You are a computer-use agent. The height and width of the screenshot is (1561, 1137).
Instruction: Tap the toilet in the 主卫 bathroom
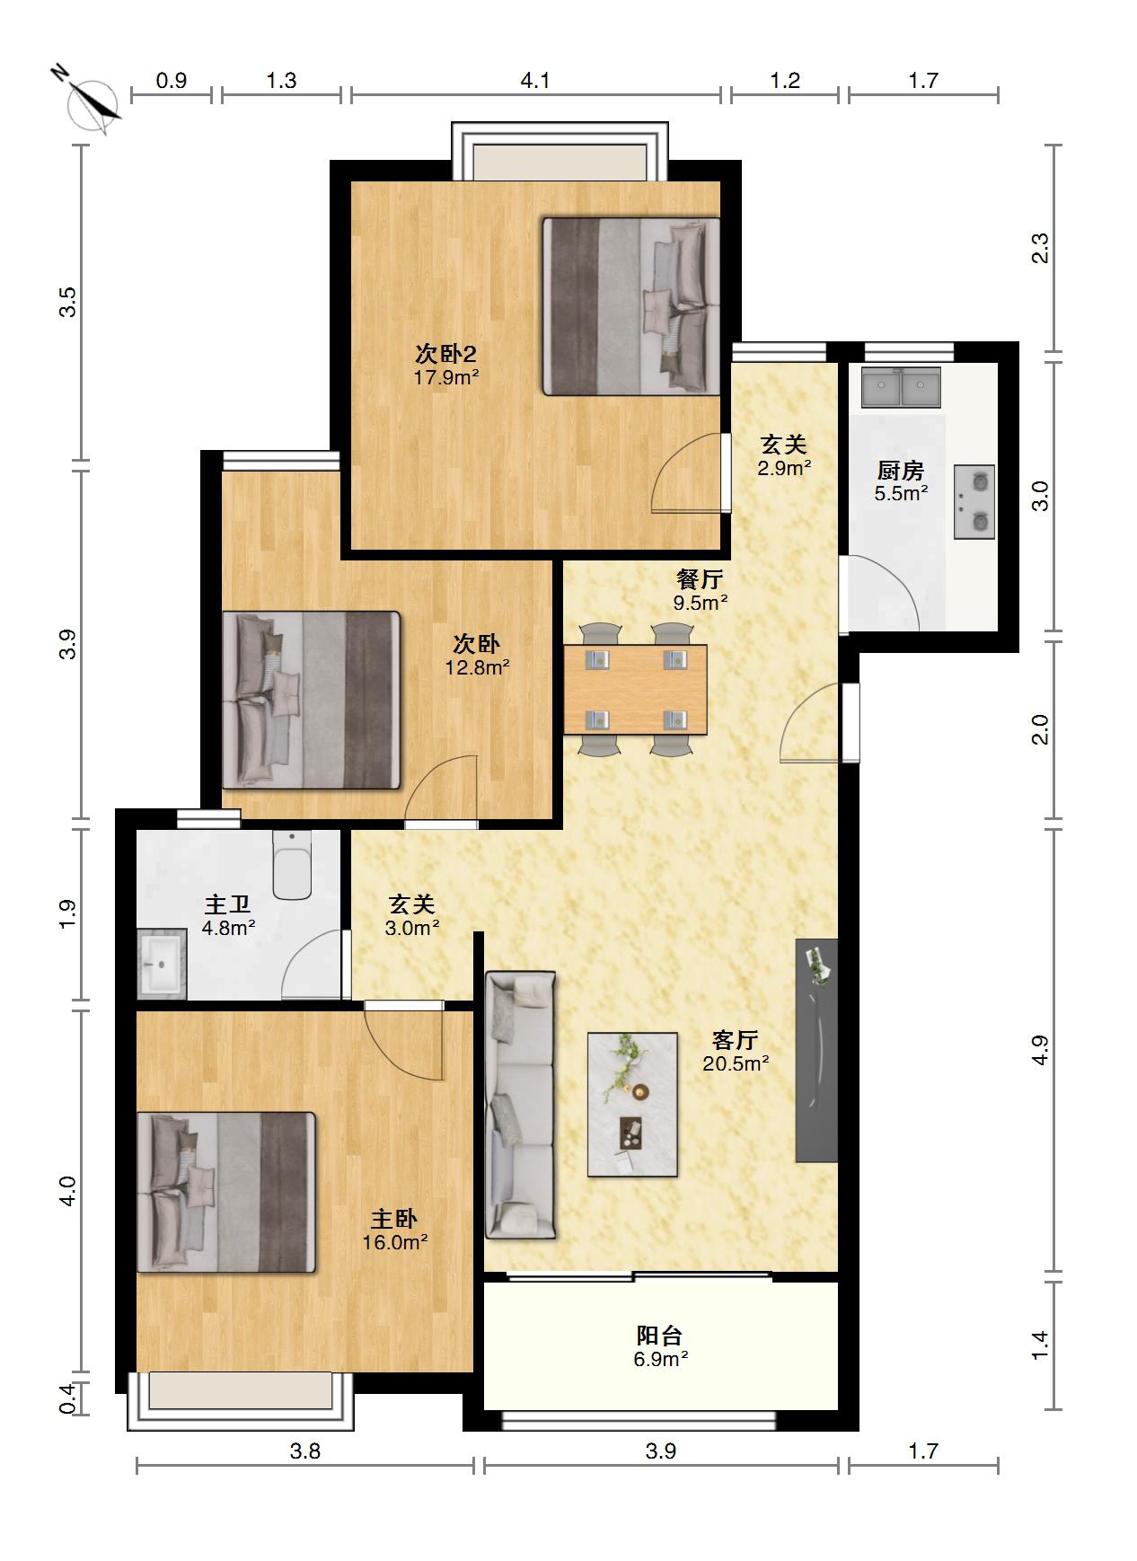point(291,864)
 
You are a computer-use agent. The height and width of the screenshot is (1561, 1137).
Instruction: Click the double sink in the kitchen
point(901,387)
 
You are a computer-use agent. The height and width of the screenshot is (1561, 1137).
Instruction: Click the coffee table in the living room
point(632,1104)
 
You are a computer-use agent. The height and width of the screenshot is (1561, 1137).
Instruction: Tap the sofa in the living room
point(520,1105)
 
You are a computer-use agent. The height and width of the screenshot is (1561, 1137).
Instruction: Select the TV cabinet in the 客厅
point(816,1050)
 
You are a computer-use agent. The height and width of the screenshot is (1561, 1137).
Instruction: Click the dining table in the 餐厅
point(635,689)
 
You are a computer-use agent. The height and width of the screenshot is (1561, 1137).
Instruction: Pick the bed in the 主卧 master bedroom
point(226,1192)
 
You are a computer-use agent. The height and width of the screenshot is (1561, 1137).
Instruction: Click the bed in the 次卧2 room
point(631,306)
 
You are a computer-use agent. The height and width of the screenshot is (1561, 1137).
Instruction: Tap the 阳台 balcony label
point(660,1336)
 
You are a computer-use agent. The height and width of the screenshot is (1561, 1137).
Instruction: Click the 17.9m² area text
point(446,377)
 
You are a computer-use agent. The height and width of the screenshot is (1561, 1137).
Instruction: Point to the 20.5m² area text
point(736,1063)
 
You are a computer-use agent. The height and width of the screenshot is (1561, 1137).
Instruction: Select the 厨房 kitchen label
point(901,471)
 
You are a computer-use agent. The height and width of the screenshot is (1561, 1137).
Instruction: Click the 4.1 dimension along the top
point(535,81)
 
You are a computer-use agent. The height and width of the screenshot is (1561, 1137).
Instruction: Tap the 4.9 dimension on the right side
point(1040,1050)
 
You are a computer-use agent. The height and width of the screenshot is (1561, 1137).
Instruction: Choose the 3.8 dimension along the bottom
point(305,1451)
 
